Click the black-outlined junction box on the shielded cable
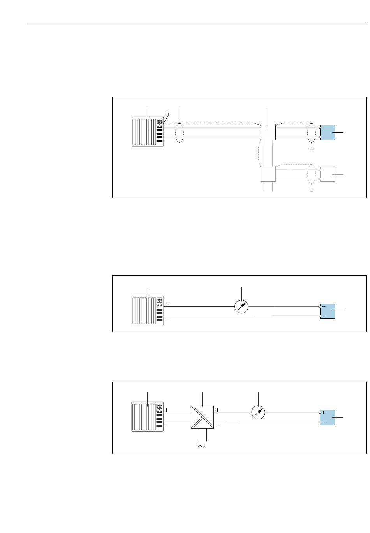[268, 132]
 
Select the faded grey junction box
[268, 174]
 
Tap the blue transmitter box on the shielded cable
[328, 133]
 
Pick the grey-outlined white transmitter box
[328, 174]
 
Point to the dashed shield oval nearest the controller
[179, 133]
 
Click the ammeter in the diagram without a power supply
[241, 307]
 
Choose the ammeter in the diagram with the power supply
[259, 413]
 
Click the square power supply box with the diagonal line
[203, 417]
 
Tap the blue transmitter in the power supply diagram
[328, 417]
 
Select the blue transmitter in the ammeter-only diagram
[328, 311]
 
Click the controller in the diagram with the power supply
[148, 417]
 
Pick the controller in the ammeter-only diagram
[148, 311]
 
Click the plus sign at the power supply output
[217, 410]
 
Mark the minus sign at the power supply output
[217, 425]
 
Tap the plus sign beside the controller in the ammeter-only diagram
[167, 304]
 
